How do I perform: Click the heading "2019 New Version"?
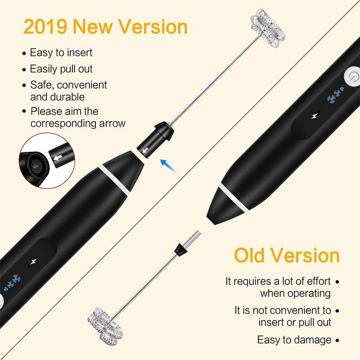pos(105,27)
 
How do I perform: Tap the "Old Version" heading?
pos(287,255)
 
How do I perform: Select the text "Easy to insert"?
pos(61,53)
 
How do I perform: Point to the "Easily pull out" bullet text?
pos(61,69)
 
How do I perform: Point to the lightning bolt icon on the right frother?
pos(314,116)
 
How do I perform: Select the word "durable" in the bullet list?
pos(58,96)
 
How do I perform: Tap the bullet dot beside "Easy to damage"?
pos(337,340)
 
